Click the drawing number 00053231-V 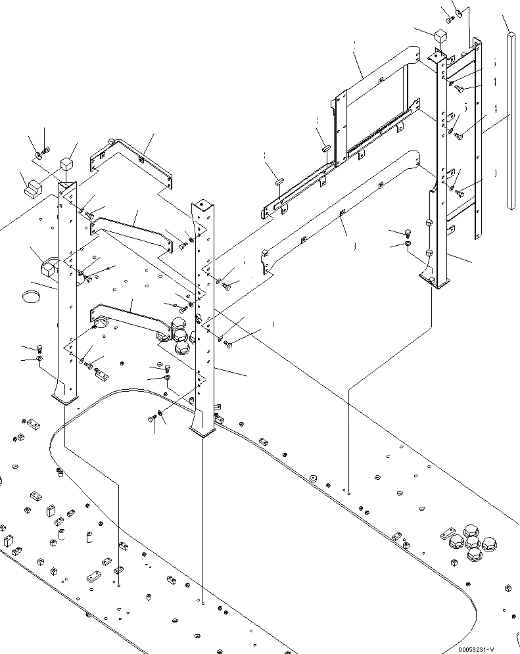tap(485, 648)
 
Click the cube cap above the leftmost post tap(66, 165)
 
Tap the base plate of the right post tap(435, 283)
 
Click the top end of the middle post tap(201, 208)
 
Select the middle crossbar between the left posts tap(131, 232)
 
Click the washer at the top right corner tap(460, 12)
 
